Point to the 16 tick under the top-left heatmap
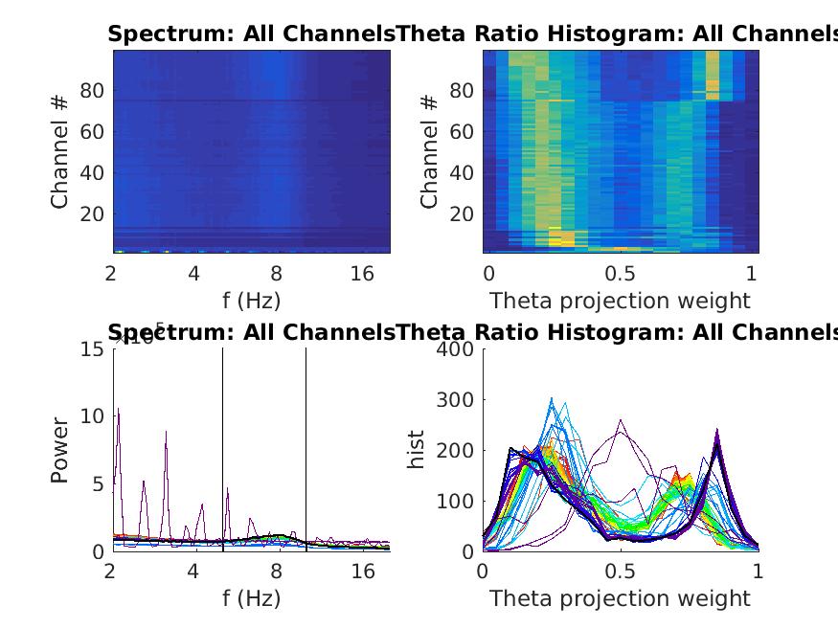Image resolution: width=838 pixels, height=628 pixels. (x=362, y=274)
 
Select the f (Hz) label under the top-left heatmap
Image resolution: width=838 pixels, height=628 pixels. (x=251, y=301)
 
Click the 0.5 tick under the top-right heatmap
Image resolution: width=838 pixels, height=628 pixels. (x=620, y=274)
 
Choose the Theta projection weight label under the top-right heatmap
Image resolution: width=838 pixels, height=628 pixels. (x=620, y=301)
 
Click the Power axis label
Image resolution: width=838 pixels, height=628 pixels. (x=60, y=449)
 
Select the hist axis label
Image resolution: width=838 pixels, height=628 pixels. (x=416, y=449)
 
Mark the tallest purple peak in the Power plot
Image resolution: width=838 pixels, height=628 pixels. (x=118, y=410)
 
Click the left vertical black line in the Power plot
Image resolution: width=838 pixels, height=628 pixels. (x=223, y=449)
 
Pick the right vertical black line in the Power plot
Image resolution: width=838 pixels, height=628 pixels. (x=306, y=449)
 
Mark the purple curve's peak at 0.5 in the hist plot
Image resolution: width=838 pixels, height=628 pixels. (x=622, y=420)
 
